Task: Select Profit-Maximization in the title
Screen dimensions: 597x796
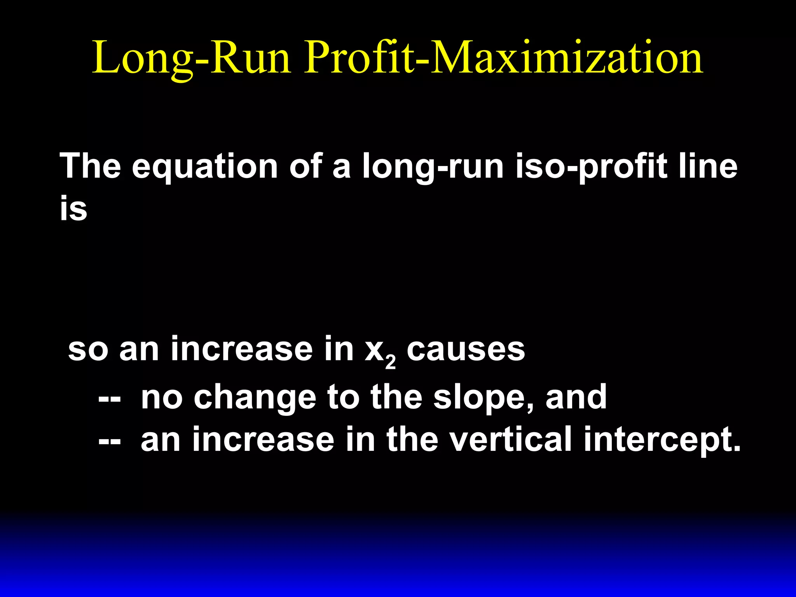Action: click(x=503, y=58)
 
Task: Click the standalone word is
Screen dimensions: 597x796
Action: click(x=73, y=208)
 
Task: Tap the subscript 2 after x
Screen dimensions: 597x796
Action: click(x=390, y=362)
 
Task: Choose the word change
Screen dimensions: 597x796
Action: click(x=255, y=397)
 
